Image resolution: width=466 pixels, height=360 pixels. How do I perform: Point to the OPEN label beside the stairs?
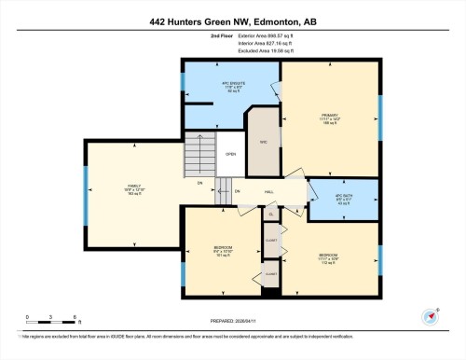(230, 155)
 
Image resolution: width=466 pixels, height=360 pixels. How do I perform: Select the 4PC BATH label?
(345, 199)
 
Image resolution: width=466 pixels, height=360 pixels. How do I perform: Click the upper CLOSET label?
(271, 240)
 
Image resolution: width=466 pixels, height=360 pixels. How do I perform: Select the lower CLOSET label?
(271, 273)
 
